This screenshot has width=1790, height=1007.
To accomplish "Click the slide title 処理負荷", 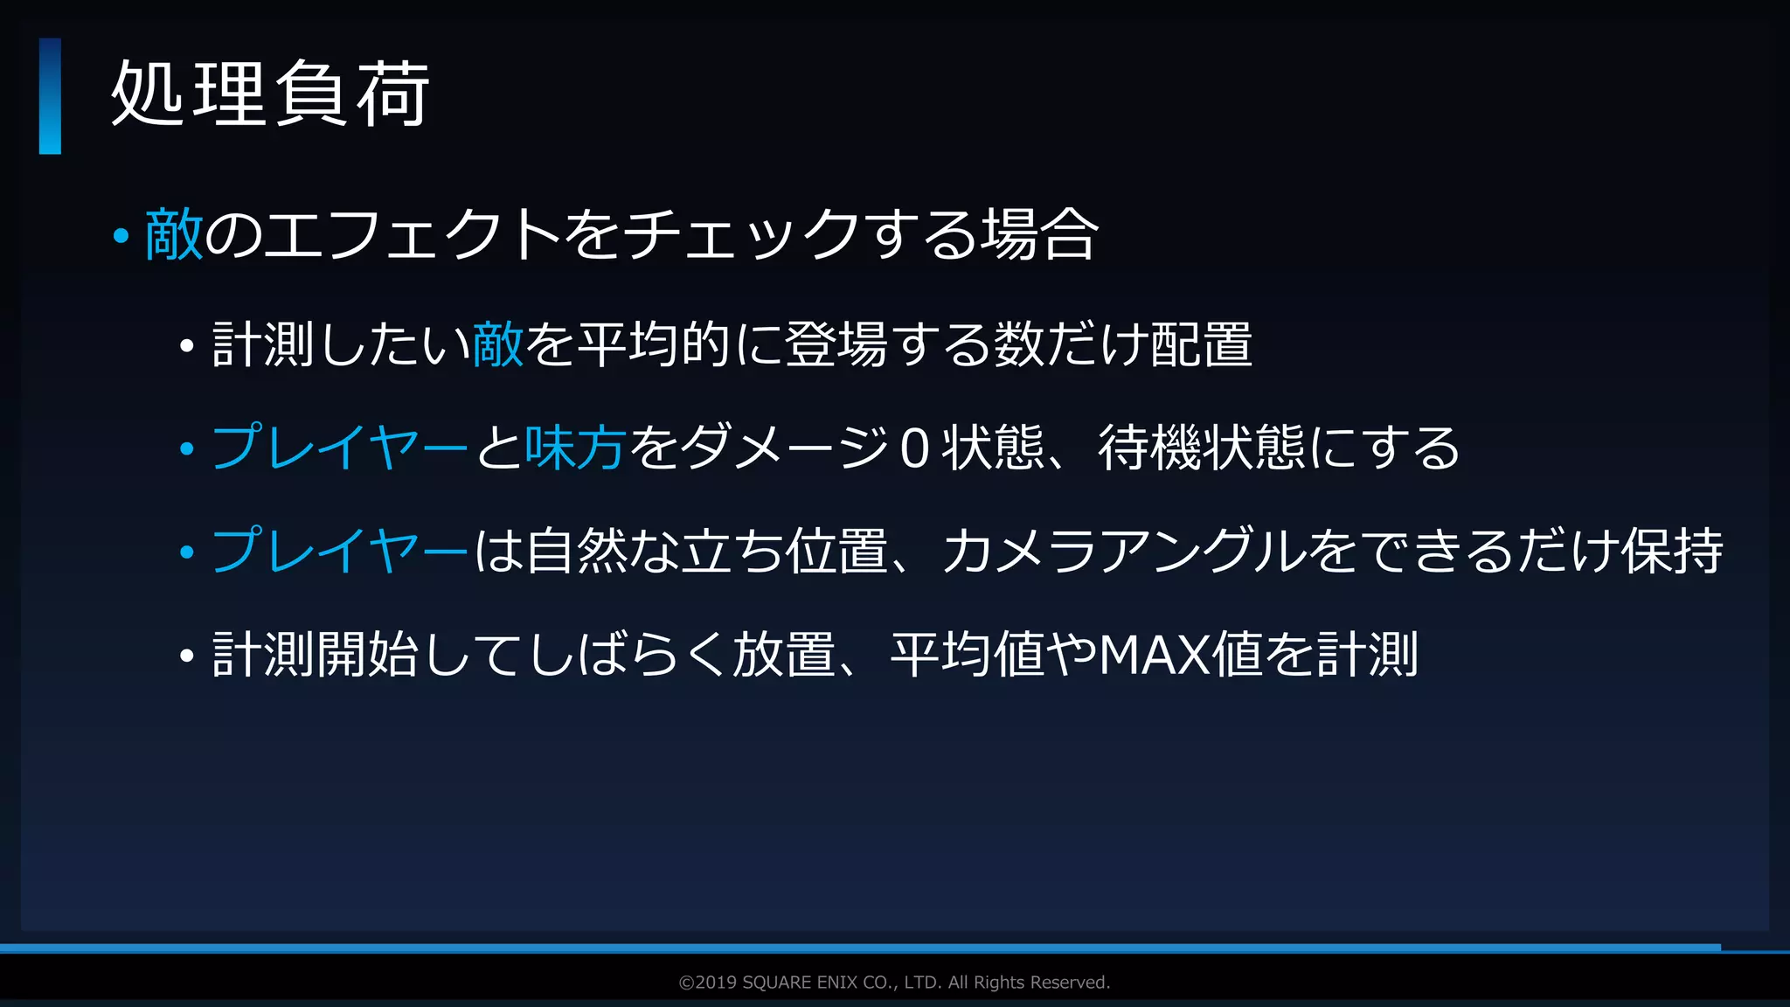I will [270, 94].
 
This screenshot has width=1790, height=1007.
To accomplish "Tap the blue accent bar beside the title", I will [50, 96].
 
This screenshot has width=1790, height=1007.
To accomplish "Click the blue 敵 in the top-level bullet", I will [174, 234].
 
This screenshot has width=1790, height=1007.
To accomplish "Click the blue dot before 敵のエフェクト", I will [121, 235].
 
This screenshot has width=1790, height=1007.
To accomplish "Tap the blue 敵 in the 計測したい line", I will [498, 344].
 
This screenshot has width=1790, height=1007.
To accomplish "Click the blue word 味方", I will [575, 448].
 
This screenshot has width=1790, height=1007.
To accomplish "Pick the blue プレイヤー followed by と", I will [340, 448].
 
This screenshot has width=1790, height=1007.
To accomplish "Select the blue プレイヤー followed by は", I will [340, 551].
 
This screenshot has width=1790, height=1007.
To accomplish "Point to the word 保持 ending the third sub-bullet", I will [1672, 551].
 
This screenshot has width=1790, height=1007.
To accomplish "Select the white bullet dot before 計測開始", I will [186, 656].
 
